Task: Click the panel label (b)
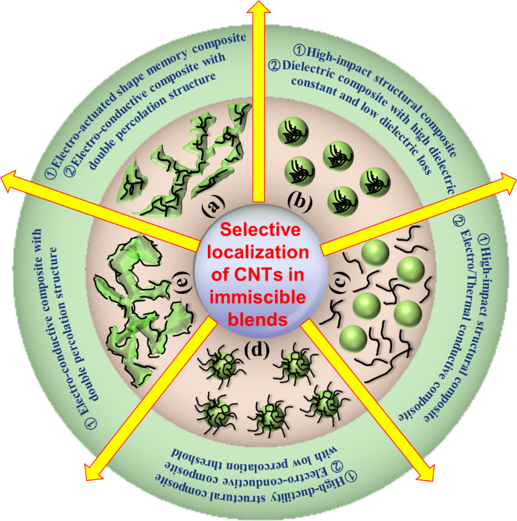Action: [299, 202]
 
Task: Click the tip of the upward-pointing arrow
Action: [259, 5]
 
